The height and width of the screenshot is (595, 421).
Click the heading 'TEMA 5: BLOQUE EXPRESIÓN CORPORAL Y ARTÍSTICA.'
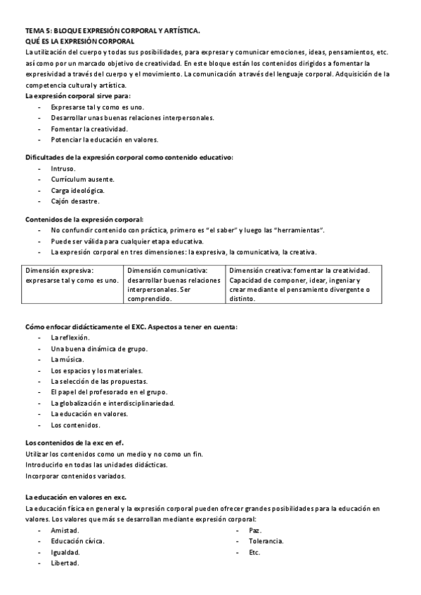pyautogui.click(x=112, y=31)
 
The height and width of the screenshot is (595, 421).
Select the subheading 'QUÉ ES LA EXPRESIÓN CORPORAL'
pyautogui.click(x=79, y=41)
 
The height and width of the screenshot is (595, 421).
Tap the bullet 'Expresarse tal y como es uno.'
pyautogui.click(x=97, y=107)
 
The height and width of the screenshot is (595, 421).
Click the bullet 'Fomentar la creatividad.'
pyautogui.click(x=89, y=128)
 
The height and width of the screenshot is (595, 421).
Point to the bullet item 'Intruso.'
pyautogui.click(x=63, y=168)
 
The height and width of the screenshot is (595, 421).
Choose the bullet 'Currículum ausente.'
pyautogui.click(x=82, y=180)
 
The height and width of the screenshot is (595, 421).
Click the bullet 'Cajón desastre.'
pyautogui.click(x=75, y=201)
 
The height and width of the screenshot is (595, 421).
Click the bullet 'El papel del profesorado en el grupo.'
pyautogui.click(x=108, y=392)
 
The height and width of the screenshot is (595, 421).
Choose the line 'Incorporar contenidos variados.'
pyautogui.click(x=76, y=476)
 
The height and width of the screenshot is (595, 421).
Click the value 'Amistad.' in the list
pyautogui.click(x=65, y=530)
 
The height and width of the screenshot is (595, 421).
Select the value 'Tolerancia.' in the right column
pyautogui.click(x=266, y=541)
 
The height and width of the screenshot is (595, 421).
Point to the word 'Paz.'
pyautogui.click(x=255, y=530)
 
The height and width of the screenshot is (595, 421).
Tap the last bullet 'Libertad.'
pyautogui.click(x=65, y=563)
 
